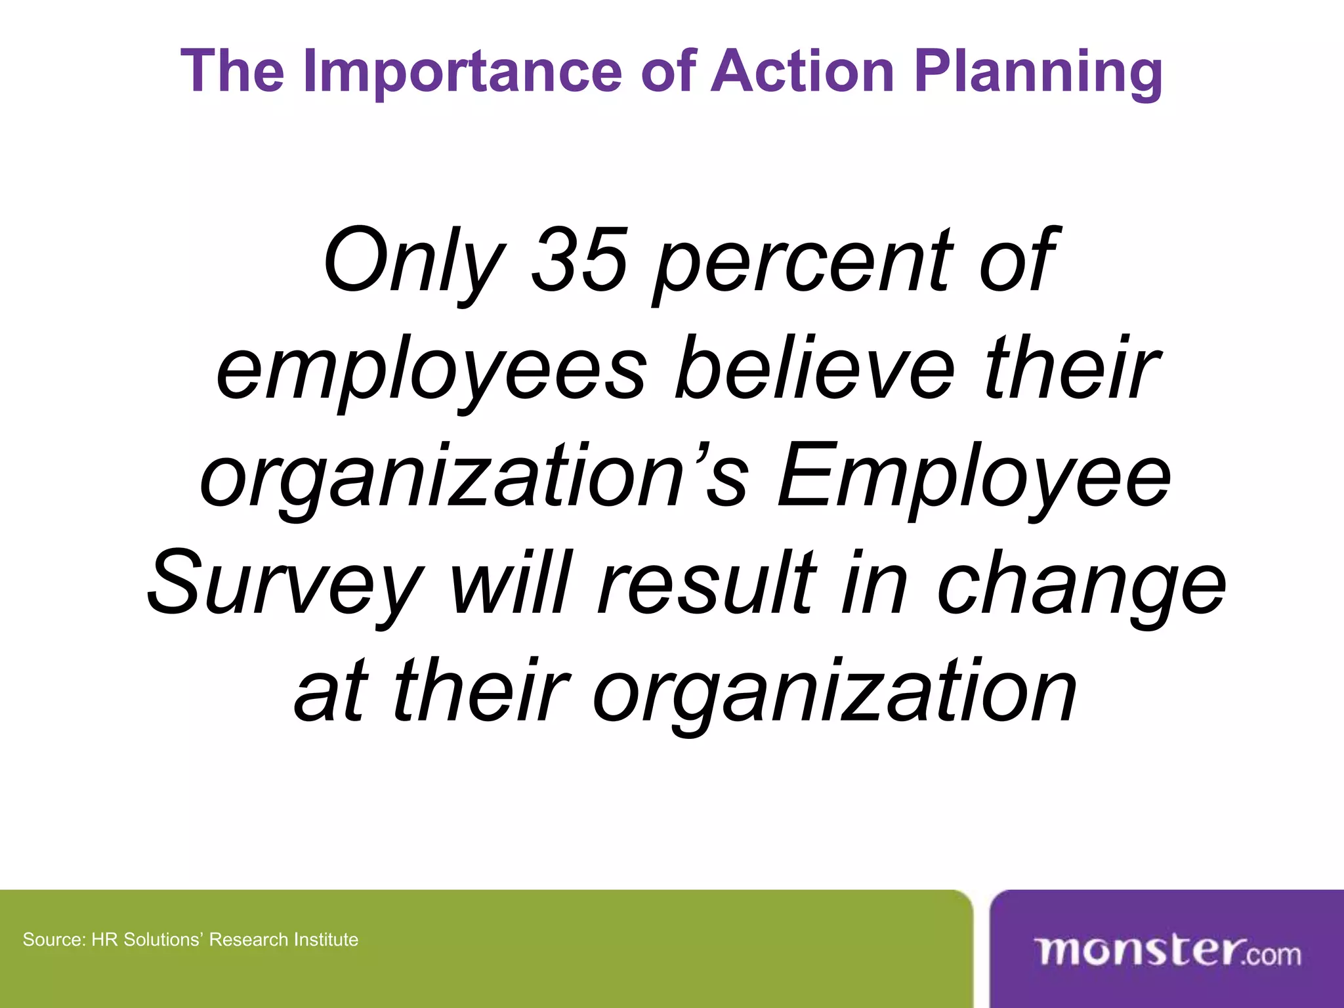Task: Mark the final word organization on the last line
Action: (x=834, y=692)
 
